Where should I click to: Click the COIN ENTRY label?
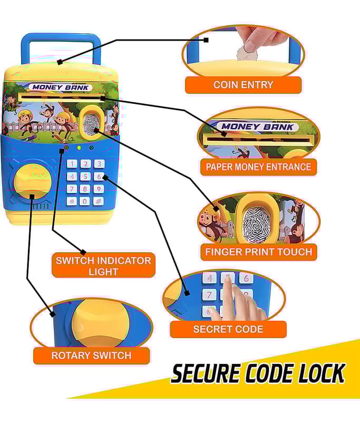tap(243, 85)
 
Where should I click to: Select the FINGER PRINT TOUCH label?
tap(258, 252)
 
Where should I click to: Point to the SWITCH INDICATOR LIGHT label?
tap(103, 265)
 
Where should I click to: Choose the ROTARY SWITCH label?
tap(91, 356)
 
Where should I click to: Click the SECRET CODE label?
tap(228, 329)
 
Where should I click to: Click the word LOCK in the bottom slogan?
tap(319, 373)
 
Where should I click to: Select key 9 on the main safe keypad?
tap(99, 189)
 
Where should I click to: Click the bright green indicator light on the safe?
tap(79, 148)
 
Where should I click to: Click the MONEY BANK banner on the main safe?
tap(62, 88)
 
